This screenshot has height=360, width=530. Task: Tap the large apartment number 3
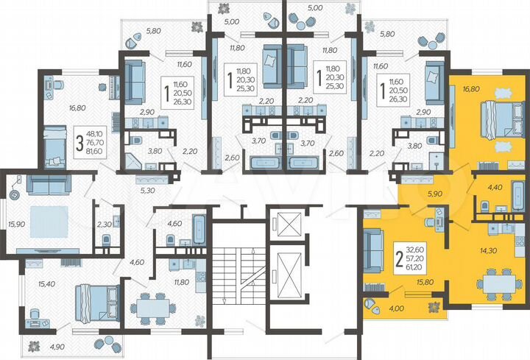(x=79, y=141)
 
